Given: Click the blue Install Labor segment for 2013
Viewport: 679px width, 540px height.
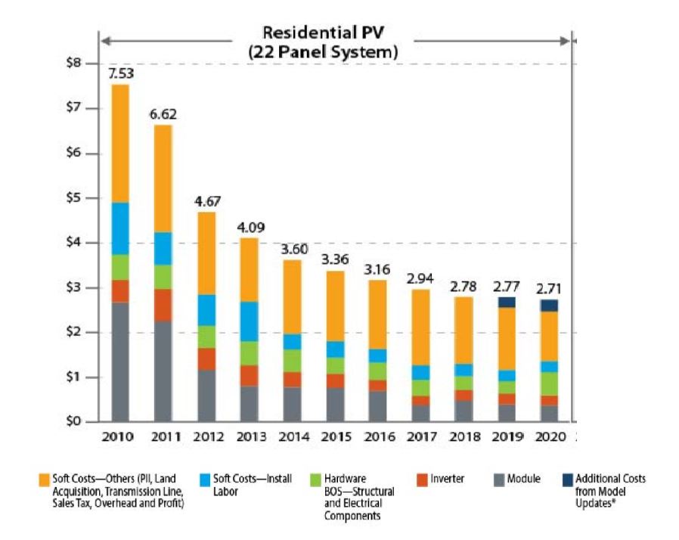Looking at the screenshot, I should click(247, 321).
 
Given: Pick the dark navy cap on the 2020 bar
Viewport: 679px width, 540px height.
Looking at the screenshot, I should click(550, 306).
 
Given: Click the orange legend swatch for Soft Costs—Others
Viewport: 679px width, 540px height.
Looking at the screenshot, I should click(45, 479).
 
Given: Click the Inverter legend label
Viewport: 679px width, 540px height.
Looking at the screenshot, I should click(448, 479).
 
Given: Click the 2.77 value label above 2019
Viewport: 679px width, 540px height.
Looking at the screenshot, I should click(507, 287).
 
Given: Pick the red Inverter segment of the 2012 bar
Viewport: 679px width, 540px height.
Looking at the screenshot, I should click(204, 358).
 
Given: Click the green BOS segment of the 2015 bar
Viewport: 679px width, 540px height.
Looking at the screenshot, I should click(333, 365).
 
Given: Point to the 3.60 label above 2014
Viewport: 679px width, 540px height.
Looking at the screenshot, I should click(290, 250).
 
